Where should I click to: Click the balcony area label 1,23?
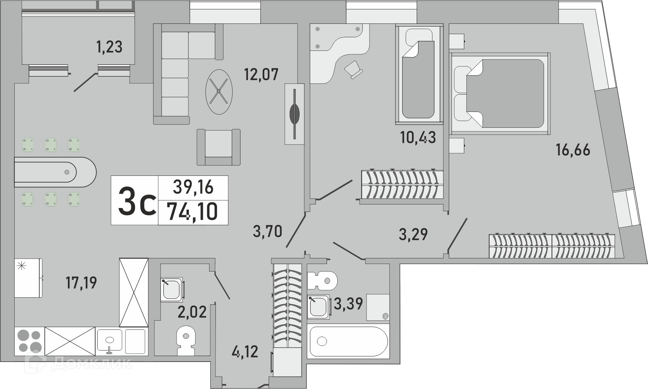click(110, 47)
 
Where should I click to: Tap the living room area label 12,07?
click(261, 74)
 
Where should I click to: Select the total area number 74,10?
click(193, 212)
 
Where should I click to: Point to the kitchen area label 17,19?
click(81, 283)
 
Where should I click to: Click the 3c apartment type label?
click(137, 202)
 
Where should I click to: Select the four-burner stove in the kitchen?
click(29, 341)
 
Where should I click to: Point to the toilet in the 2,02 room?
click(186, 341)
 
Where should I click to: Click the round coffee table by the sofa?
click(219, 92)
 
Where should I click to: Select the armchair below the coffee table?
click(218, 147)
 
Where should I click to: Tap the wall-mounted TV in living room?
click(294, 114)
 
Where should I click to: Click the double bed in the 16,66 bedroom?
click(501, 93)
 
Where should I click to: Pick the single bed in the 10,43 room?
click(419, 74)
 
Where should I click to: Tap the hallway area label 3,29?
click(413, 234)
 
